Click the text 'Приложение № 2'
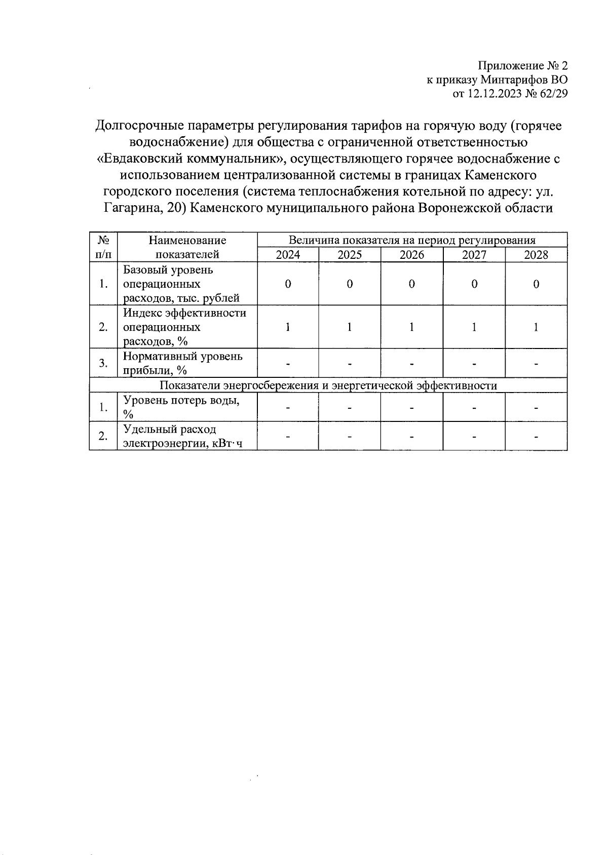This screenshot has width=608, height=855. point(523,66)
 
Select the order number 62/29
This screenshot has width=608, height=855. point(554,94)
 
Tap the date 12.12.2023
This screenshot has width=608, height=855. point(495,94)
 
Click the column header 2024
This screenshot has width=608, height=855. point(288,255)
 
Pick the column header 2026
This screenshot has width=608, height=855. point(411,255)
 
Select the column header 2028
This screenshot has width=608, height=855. point(536,255)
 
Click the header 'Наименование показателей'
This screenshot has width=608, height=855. point(187,247)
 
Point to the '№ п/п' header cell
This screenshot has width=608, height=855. point(103,247)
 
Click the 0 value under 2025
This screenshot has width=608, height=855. point(350,284)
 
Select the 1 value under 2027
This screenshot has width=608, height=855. point(474,327)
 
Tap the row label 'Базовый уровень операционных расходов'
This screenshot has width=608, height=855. point(181,284)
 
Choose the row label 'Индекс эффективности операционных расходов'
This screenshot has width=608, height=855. point(184,327)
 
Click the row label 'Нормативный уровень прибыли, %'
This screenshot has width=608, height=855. point(182,363)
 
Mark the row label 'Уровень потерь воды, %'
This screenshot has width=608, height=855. point(181,407)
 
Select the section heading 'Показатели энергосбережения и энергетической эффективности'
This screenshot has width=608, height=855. point(328,385)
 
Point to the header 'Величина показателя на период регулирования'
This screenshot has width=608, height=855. point(411,240)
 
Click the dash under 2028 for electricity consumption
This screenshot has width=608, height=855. point(536,436)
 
